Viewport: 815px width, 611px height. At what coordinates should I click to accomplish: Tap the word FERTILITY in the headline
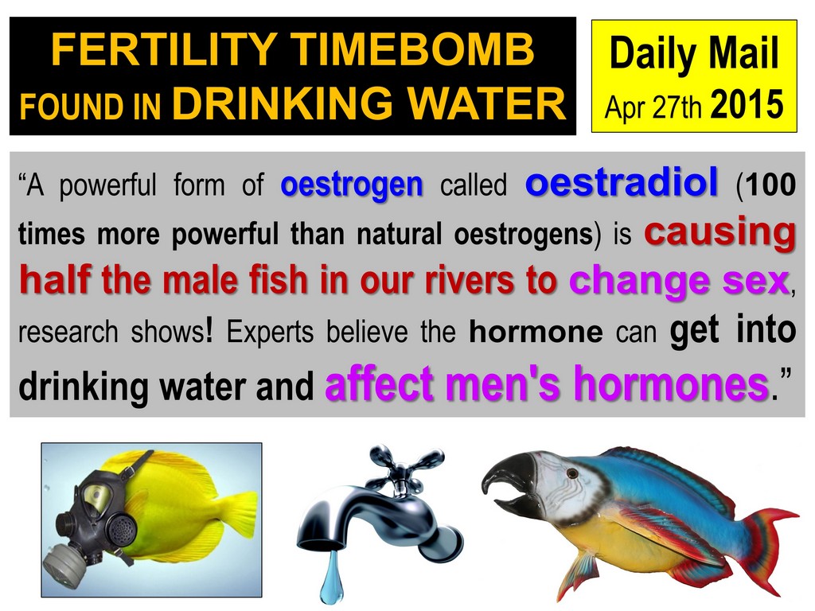click(x=164, y=49)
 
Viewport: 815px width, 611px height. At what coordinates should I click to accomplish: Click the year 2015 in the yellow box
click(x=747, y=104)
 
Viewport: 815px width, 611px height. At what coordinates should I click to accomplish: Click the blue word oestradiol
click(x=622, y=182)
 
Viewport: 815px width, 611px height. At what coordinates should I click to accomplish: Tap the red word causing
click(x=719, y=232)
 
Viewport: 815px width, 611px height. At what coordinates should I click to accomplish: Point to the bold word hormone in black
click(x=536, y=333)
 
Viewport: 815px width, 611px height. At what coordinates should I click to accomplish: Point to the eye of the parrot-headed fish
click(x=572, y=473)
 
